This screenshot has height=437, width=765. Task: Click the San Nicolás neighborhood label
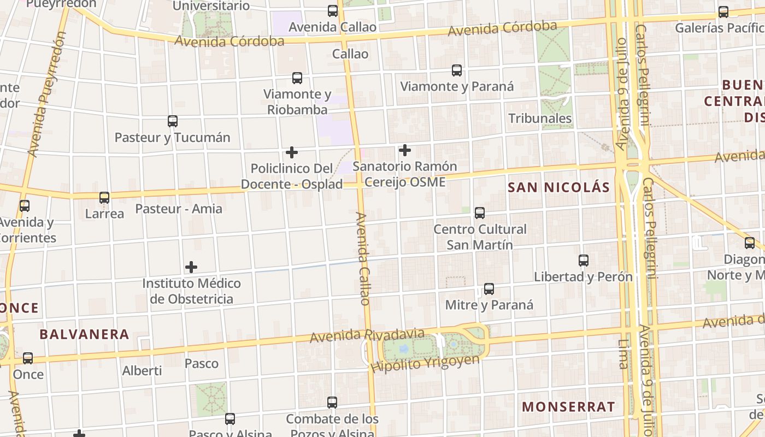[558, 187]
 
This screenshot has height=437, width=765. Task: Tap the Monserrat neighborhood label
[568, 406]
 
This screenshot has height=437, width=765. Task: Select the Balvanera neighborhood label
[84, 334]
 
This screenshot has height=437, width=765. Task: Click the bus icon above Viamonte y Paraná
[457, 70]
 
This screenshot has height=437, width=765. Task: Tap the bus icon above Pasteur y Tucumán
[173, 121]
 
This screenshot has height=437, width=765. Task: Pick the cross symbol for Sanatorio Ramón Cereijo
[405, 150]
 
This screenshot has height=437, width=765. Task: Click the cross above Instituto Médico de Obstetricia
[191, 267]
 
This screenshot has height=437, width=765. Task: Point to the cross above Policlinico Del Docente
[292, 152]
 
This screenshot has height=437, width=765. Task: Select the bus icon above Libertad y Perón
[584, 261]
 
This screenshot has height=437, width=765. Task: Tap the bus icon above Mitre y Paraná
[489, 289]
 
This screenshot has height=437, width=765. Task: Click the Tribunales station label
[540, 118]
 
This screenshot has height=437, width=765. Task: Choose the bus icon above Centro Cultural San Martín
[480, 213]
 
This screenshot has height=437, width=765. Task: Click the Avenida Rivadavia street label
[367, 335]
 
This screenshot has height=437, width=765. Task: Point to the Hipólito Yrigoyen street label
[425, 363]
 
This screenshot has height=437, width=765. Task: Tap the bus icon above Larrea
[104, 198]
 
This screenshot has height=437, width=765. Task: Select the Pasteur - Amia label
[179, 208]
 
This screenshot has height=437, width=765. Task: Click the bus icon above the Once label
[28, 358]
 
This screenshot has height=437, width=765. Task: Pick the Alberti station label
[142, 370]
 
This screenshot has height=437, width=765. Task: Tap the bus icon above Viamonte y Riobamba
[297, 78]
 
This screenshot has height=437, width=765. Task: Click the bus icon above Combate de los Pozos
[332, 403]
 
